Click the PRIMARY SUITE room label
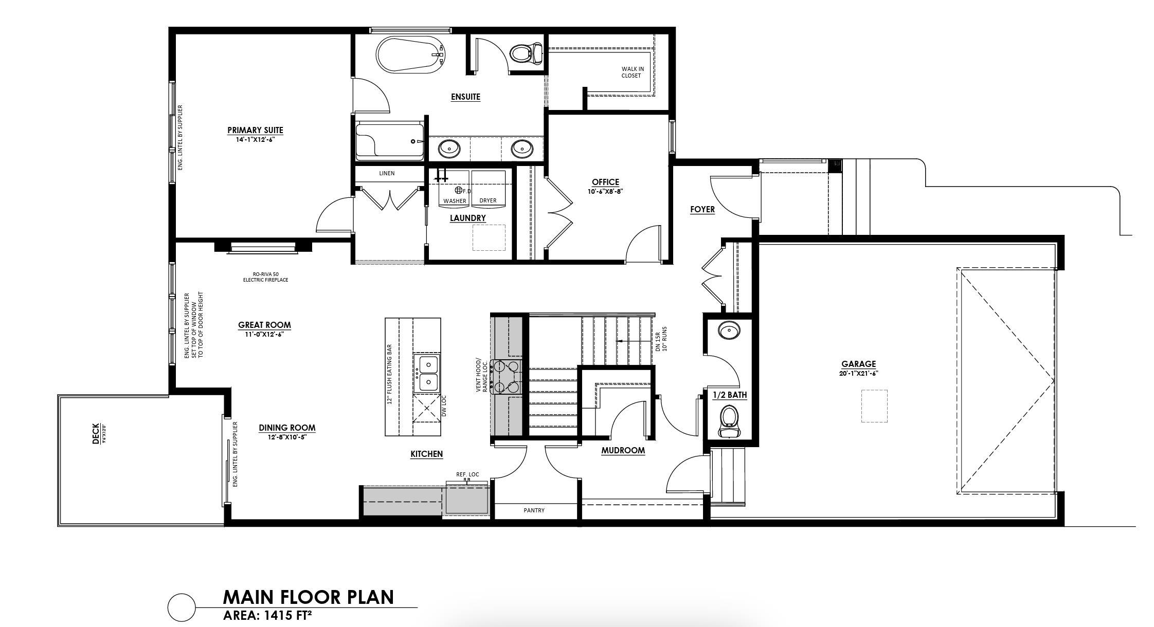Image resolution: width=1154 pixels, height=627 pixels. [x=255, y=131]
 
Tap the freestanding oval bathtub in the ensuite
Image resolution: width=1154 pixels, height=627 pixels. [x=410, y=56]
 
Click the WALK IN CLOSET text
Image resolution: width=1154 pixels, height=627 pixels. [x=632, y=72]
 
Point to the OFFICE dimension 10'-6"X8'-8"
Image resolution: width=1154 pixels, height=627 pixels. [x=605, y=192]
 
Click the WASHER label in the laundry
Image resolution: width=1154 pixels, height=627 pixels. [x=455, y=201]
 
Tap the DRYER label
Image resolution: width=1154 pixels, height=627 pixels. [x=488, y=201]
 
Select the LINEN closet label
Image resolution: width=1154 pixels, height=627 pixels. [x=387, y=174]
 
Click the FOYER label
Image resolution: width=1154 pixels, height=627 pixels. [x=702, y=210]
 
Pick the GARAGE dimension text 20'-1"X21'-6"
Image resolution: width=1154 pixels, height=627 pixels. [x=858, y=374]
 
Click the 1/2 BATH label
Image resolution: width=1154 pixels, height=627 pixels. [x=729, y=395]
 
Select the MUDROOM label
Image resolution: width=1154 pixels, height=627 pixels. [x=623, y=451]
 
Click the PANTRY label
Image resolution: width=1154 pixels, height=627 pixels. [x=534, y=510]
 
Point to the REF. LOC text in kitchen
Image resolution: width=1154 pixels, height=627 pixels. [x=467, y=474]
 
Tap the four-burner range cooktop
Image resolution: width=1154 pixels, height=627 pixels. [x=507, y=377]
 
